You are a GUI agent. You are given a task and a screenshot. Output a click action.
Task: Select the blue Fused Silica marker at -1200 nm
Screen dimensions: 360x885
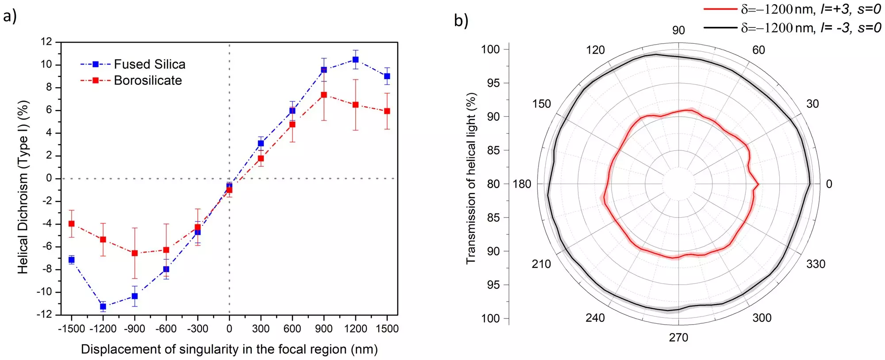point(103,306)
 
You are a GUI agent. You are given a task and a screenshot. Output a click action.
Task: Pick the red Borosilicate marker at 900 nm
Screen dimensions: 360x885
point(324,95)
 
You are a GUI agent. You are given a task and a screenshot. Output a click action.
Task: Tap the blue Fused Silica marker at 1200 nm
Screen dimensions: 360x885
point(355,59)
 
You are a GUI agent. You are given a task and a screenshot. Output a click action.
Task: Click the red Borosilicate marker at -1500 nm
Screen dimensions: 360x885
point(71,224)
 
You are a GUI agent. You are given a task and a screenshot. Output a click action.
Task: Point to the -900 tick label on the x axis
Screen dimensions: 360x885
point(135,329)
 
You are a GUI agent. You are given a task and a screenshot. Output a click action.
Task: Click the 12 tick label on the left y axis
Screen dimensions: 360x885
point(46,42)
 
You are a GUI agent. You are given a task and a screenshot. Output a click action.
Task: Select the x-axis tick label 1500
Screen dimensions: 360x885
point(387,329)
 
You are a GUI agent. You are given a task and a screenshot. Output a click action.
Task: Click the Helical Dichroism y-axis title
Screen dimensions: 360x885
point(23,187)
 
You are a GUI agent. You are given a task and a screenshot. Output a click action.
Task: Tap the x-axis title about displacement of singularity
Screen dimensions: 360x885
point(229,349)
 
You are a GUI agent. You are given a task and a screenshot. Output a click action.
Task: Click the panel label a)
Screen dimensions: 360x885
point(10,16)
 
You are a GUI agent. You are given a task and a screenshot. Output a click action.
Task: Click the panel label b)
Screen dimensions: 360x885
point(461,20)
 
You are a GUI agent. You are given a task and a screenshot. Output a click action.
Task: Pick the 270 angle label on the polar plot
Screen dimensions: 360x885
point(678,338)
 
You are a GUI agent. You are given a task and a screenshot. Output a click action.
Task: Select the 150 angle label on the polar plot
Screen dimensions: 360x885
point(541,104)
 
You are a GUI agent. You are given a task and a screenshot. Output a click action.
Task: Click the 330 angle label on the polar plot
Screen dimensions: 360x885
point(815,264)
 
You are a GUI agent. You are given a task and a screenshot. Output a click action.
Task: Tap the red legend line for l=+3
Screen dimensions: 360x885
point(720,9)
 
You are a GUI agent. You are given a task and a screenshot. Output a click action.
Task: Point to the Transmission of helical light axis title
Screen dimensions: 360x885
point(471,179)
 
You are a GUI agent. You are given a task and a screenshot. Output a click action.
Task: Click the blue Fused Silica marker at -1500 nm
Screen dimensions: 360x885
point(71,260)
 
